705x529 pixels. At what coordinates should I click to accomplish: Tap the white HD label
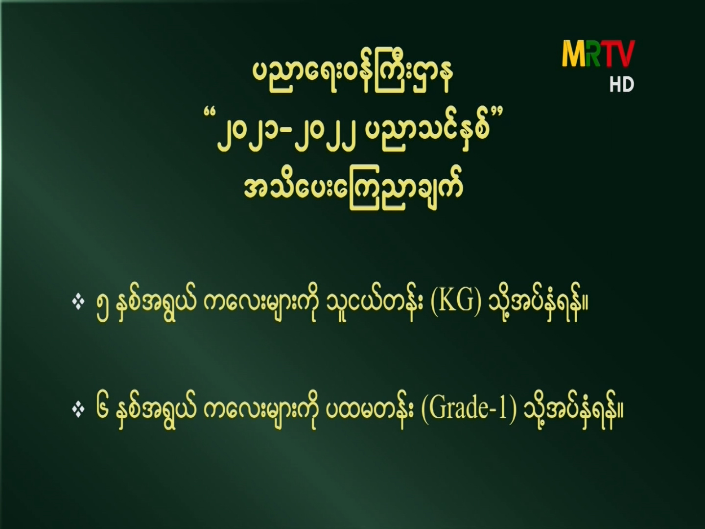[622, 84]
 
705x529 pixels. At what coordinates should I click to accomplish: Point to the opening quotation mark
[209, 113]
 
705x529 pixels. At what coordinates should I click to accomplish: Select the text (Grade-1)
[469, 410]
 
